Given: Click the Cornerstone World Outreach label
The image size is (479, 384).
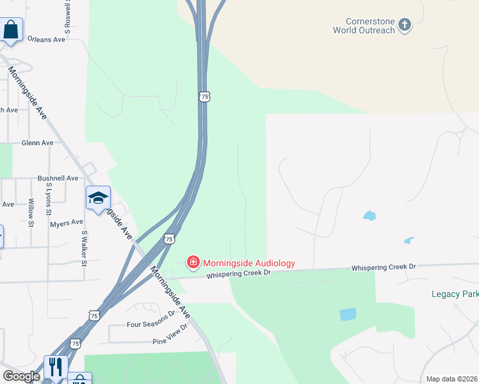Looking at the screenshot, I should [x=364, y=25].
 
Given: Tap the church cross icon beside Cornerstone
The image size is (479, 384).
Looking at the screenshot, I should [x=404, y=25].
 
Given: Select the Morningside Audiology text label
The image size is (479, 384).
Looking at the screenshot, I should [x=248, y=263].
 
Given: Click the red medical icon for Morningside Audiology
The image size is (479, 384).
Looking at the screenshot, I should [x=192, y=262].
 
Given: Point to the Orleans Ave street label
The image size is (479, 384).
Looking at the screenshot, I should [x=47, y=40].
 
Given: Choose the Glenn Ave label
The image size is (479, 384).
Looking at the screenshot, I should [x=37, y=143].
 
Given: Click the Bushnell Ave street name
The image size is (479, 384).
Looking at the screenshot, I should [x=58, y=179].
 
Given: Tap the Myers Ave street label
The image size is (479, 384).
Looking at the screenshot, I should [x=64, y=224].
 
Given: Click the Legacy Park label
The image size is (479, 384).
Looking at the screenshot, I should [x=454, y=294].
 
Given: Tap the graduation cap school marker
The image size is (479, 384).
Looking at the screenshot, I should [x=98, y=198].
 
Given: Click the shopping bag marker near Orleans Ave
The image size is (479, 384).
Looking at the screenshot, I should [x=10, y=30].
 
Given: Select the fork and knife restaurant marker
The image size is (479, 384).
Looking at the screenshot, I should [x=56, y=367].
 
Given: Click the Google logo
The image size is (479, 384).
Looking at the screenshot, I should [x=20, y=376].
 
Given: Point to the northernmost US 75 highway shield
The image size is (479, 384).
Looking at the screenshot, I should [x=204, y=96].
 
